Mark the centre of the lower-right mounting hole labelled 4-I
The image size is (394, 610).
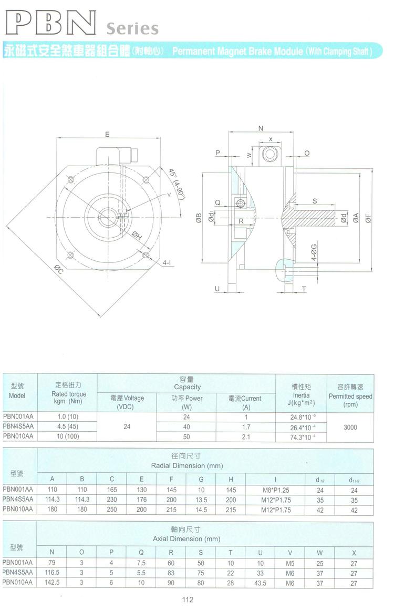[146, 255]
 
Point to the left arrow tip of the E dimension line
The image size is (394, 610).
[57, 138]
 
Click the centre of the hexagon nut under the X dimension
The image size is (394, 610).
[269, 154]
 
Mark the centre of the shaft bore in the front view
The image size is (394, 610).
[108, 216]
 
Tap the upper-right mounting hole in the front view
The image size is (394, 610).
[146, 179]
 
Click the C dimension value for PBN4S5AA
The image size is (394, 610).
[112, 500]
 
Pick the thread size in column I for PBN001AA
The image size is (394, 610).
[276, 490]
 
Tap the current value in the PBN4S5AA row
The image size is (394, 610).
[246, 427]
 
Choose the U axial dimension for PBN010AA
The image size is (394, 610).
[261, 583]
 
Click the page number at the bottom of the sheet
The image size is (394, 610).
[188, 599]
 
